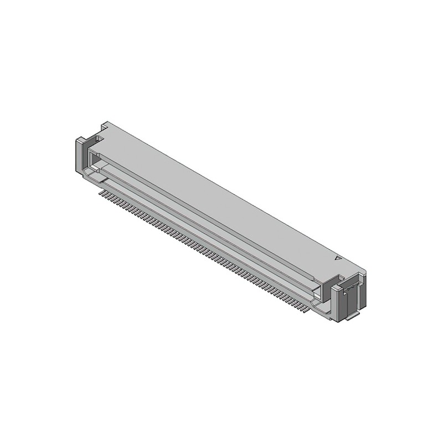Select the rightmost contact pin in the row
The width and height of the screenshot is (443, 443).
pos(304,311)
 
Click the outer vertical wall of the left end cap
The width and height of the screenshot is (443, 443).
pos(78,156)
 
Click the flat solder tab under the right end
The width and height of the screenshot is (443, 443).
pos(352,317)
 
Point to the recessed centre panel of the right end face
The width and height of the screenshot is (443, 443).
pos(349,302)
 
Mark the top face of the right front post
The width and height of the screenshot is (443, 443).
pos(336,288)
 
